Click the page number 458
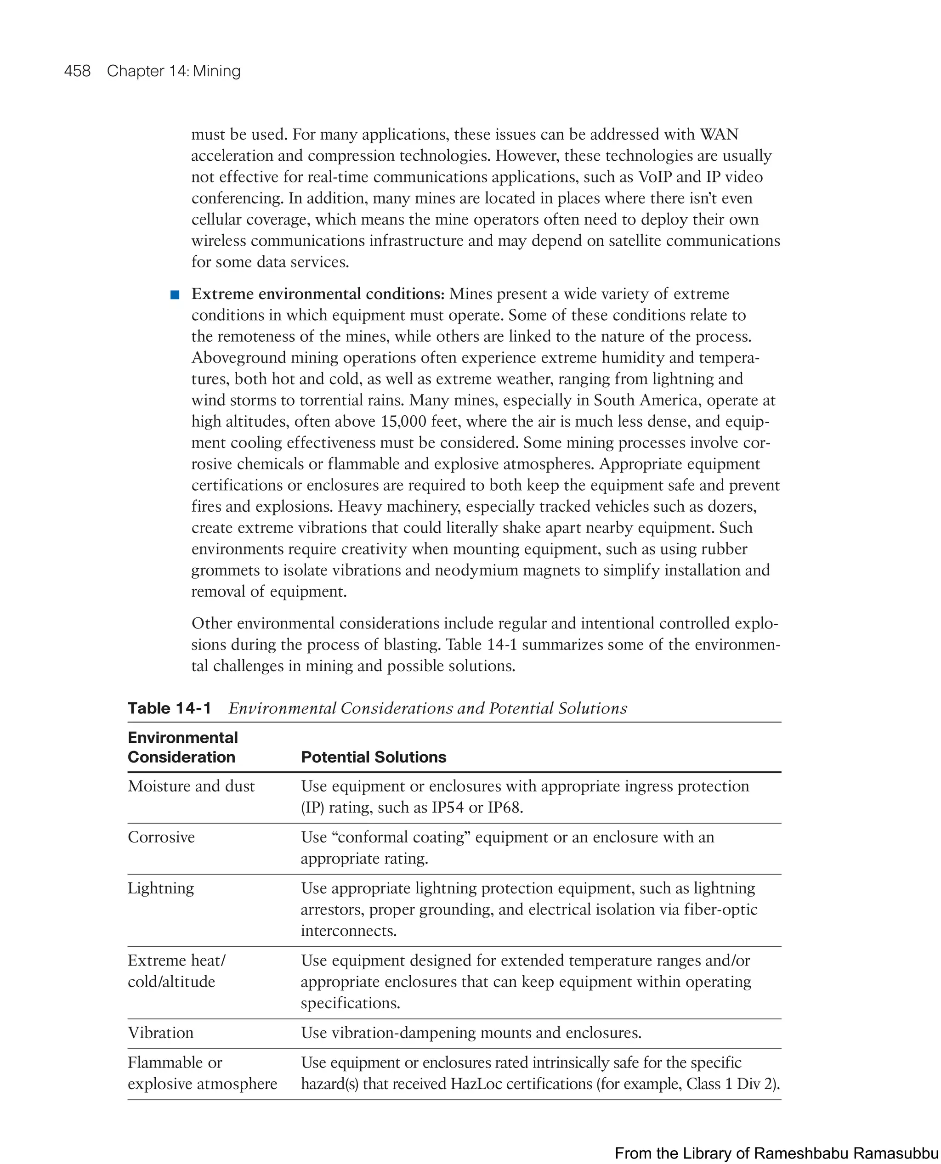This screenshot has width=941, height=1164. pos(77,71)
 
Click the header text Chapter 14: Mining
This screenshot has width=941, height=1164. pos(174,71)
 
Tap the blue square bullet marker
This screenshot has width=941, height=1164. pos(175,295)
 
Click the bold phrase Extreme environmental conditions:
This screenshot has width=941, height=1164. pos(317,294)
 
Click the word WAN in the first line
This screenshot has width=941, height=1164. pos(719,135)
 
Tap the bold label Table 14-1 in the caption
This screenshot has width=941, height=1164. pos(169,708)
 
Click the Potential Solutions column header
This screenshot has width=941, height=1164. pos(374,757)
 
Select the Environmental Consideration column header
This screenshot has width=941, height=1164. pos(183,747)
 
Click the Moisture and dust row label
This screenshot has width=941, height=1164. pos(191,786)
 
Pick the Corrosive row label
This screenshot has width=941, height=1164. pos(161,837)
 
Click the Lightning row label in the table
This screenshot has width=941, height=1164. pos(160,888)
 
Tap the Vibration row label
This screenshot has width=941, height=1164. pos(160,1033)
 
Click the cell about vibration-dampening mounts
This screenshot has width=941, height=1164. pos(470,1033)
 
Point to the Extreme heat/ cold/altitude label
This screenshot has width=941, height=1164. pos(176,971)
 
